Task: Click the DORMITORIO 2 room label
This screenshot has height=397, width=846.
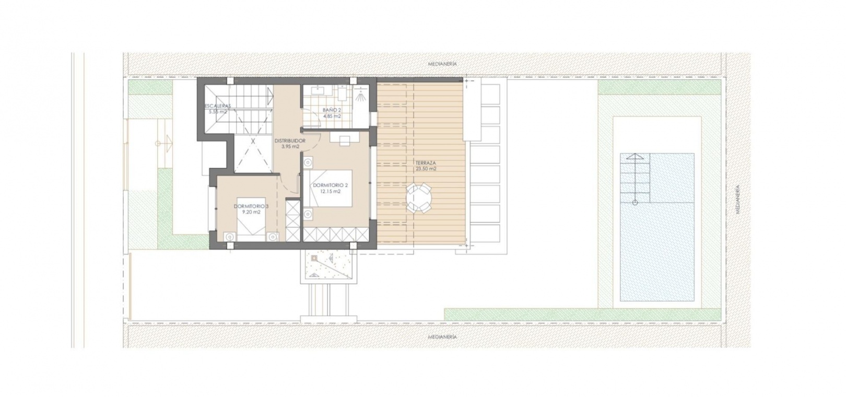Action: [330, 185]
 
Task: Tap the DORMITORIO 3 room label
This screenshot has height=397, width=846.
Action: [251, 206]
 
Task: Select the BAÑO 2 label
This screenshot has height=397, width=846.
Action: [332, 110]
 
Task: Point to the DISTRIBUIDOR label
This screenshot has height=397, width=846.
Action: [290, 141]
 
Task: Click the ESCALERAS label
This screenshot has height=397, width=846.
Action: [218, 106]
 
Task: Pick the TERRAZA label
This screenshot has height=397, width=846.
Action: [426, 163]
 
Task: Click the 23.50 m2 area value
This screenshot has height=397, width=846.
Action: [426, 169]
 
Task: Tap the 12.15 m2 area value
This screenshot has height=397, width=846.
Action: [331, 192]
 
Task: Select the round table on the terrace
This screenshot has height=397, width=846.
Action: [418, 197]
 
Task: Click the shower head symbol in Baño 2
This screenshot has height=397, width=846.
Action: [361, 95]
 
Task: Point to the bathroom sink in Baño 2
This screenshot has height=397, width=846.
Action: [316, 90]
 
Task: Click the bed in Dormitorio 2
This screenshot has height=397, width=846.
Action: [331, 188]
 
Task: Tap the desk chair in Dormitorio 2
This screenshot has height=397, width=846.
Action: [345, 141]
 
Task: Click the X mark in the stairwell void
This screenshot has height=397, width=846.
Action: [253, 141]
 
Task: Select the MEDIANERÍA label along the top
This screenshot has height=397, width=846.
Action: [442, 64]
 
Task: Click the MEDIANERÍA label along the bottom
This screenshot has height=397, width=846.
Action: [442, 337]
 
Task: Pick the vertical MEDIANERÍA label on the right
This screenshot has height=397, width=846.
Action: [737, 200]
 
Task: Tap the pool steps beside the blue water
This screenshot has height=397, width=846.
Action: [635, 178]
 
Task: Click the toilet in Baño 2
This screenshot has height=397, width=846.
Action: [342, 93]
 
